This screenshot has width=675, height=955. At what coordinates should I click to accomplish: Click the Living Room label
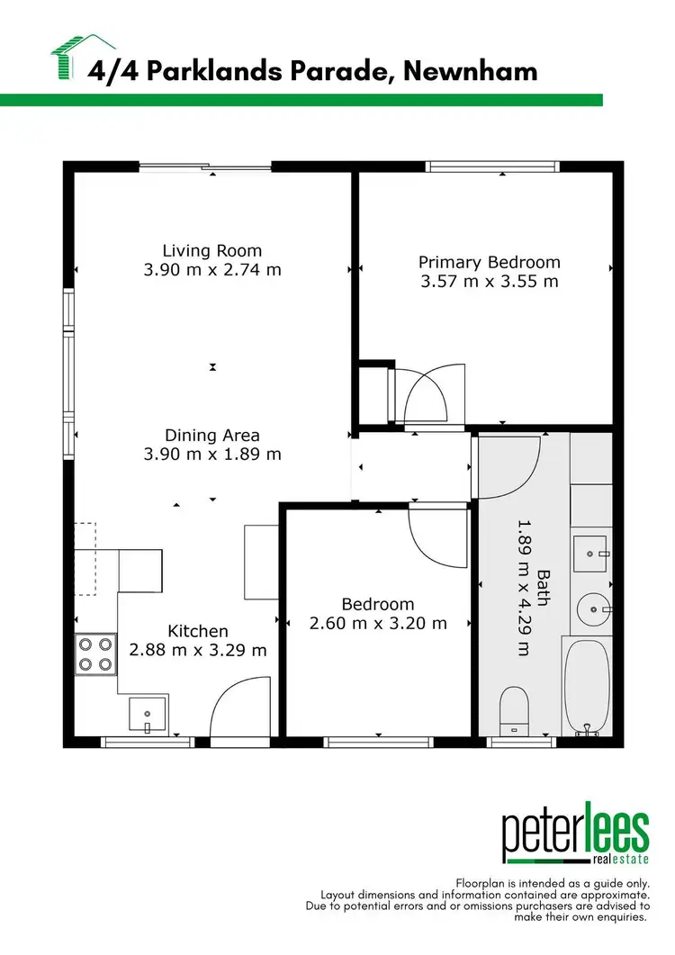point(212,251)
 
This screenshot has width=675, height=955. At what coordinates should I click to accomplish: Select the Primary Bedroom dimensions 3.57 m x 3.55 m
point(489,281)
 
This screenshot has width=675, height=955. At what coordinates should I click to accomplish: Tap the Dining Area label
point(212,436)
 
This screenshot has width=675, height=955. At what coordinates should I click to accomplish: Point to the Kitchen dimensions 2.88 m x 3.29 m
point(198,650)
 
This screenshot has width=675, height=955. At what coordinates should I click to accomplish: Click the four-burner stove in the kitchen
point(96,654)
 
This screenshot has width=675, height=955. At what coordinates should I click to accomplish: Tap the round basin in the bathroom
point(593,609)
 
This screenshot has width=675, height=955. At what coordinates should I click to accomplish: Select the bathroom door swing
point(510,464)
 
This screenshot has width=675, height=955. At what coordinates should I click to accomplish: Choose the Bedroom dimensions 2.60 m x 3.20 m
point(378,623)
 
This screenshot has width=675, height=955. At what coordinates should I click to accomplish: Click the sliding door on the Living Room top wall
point(205,167)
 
